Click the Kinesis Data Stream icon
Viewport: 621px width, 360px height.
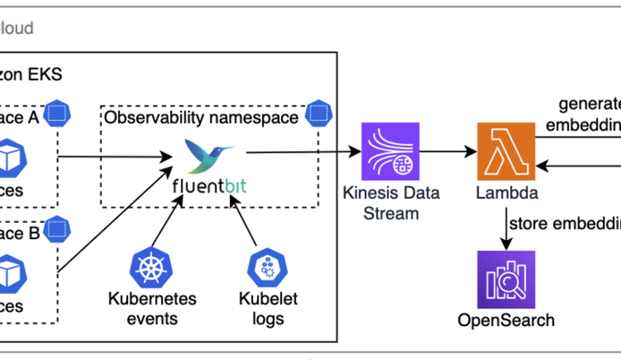[390, 152]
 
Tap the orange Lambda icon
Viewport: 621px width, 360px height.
[505, 151]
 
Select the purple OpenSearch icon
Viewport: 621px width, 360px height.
[505, 279]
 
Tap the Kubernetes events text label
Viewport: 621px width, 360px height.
[152, 308]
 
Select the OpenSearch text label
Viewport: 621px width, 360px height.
[505, 320]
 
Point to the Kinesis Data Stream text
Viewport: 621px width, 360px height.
[391, 203]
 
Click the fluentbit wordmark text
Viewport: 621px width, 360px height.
[208, 185]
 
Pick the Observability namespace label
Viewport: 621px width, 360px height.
[201, 118]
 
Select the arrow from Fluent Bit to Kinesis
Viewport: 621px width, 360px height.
[300, 152]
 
